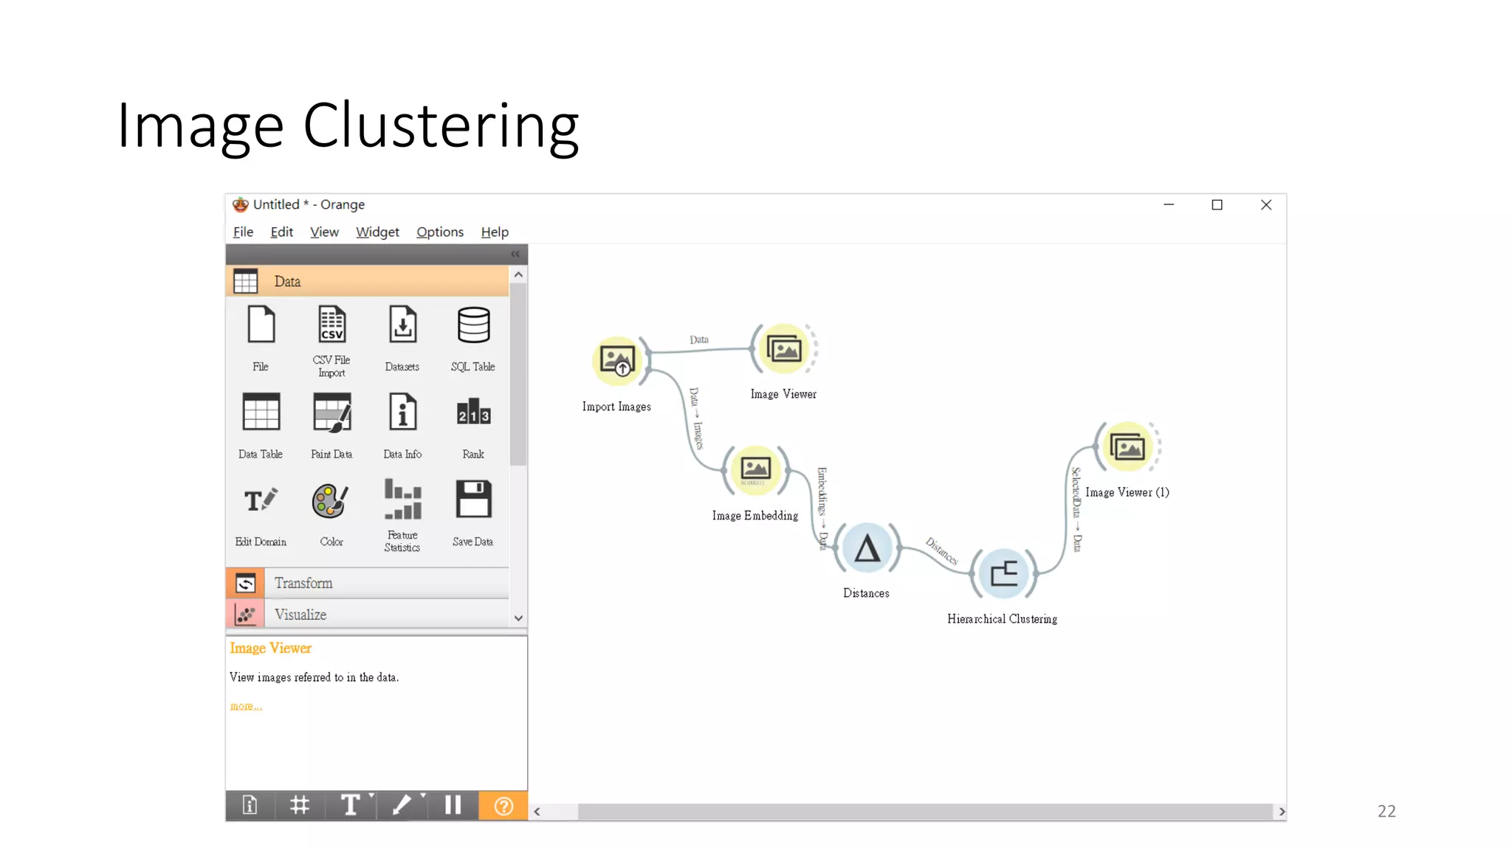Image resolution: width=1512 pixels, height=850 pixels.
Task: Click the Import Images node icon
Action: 617,360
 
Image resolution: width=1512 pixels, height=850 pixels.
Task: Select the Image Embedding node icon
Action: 755,469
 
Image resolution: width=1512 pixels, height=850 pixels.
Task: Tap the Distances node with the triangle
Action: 867,548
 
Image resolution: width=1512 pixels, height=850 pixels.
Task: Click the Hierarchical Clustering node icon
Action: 1003,573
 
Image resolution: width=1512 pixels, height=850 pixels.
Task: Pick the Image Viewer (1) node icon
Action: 1127,447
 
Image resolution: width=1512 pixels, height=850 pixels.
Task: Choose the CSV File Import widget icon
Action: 331,325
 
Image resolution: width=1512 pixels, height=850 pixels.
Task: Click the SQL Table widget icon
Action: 473,325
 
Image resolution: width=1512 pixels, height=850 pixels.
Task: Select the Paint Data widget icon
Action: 331,413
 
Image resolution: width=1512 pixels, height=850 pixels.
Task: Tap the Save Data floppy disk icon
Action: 473,500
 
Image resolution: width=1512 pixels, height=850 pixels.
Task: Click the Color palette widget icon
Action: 330,502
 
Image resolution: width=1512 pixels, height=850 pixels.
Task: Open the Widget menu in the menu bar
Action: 377,232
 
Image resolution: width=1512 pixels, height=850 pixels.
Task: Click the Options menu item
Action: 440,232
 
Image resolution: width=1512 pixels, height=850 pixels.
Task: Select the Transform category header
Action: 303,583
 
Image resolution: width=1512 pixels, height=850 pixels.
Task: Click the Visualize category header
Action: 300,615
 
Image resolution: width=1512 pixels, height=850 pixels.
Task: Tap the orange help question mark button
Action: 504,806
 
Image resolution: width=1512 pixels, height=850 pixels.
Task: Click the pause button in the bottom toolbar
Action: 453,805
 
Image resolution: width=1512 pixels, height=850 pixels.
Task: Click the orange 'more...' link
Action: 246,706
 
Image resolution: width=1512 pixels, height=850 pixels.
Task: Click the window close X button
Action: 1266,205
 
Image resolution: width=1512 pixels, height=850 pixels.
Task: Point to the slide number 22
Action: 1386,811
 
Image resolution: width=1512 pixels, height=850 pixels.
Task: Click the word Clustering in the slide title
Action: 441,127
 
